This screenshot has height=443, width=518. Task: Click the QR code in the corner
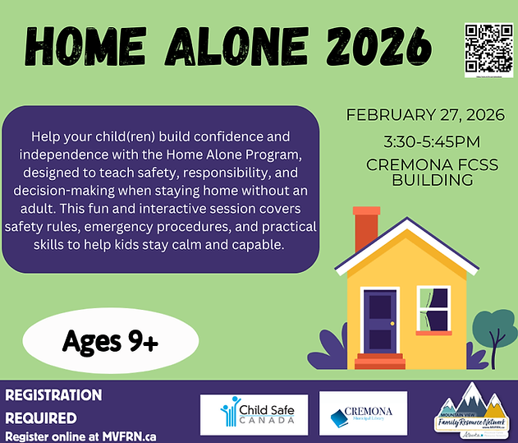point(488,49)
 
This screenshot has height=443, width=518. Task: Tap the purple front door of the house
point(380,320)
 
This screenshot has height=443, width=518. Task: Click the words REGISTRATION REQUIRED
point(54,406)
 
